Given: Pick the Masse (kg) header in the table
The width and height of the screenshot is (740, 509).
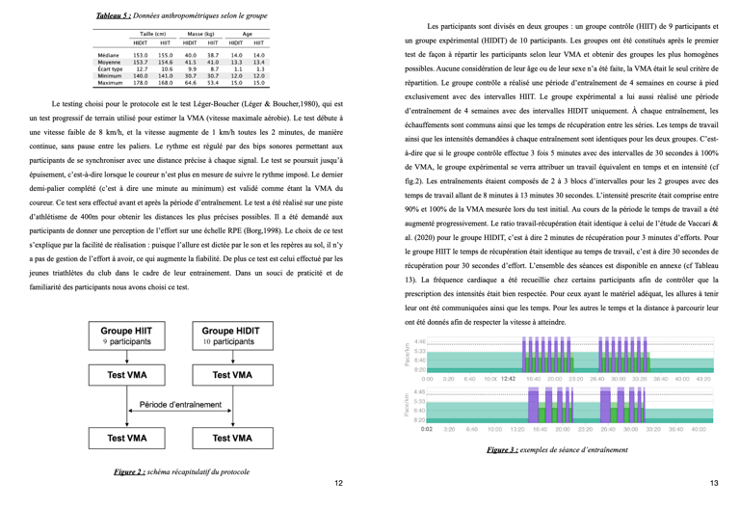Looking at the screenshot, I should [201, 34].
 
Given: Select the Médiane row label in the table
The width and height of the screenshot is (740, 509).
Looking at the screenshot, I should [108, 56].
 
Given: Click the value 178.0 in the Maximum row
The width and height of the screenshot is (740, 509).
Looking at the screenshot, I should [141, 83].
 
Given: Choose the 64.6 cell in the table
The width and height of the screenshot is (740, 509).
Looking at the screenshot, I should [190, 83].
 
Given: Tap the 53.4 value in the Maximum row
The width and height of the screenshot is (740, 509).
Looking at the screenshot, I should [213, 83].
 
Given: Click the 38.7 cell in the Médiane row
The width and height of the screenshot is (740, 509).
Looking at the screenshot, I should [213, 56].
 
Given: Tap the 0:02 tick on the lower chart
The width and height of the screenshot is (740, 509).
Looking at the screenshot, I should [426, 429].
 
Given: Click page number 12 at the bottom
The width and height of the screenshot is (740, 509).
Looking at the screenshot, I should [338, 483].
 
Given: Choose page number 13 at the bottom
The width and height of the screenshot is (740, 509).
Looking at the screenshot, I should [714, 483].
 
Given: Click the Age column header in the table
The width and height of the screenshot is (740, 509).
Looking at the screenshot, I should [248, 34].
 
